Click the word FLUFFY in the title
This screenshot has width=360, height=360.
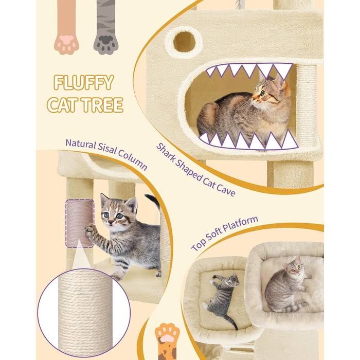point(84,82)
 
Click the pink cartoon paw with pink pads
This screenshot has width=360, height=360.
point(66,28)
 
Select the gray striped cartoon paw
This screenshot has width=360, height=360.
point(106,28)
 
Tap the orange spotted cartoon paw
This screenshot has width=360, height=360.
point(167,341)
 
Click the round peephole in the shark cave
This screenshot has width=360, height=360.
point(184,42)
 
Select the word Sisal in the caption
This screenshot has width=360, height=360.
point(107,149)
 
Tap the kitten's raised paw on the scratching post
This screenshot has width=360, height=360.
point(90,231)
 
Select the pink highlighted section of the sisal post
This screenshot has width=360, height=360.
point(80,223)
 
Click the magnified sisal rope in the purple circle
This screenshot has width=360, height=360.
point(85,313)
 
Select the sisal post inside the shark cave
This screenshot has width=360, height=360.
point(307,106)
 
